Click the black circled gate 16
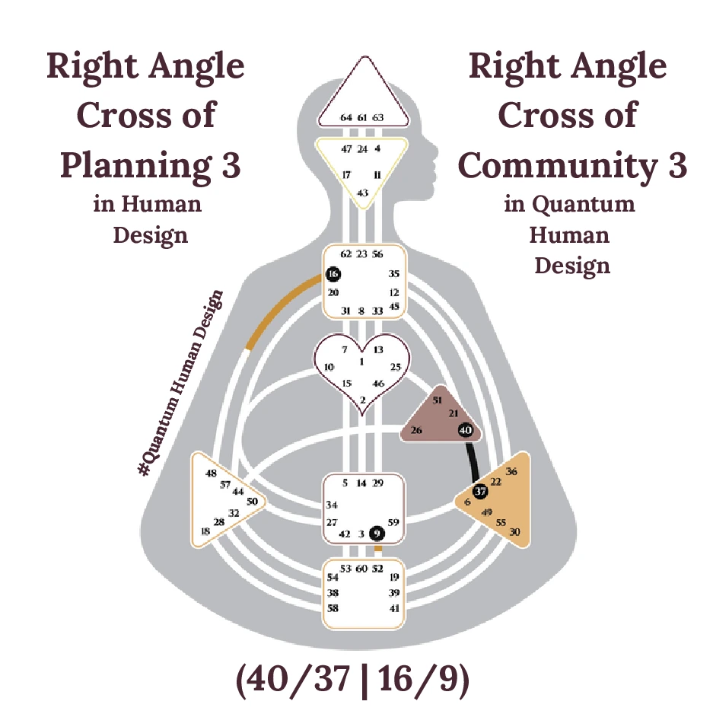333,274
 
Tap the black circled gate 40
466,431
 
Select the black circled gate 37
480,491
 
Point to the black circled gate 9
376,533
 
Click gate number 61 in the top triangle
362,117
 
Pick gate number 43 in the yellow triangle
362,193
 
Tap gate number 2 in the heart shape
362,400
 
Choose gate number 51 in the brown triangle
437,399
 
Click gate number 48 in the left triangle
211,473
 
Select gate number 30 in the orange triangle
514,532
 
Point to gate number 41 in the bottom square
394,608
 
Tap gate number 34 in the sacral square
332,504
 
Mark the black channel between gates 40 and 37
473,461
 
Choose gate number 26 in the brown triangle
416,430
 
